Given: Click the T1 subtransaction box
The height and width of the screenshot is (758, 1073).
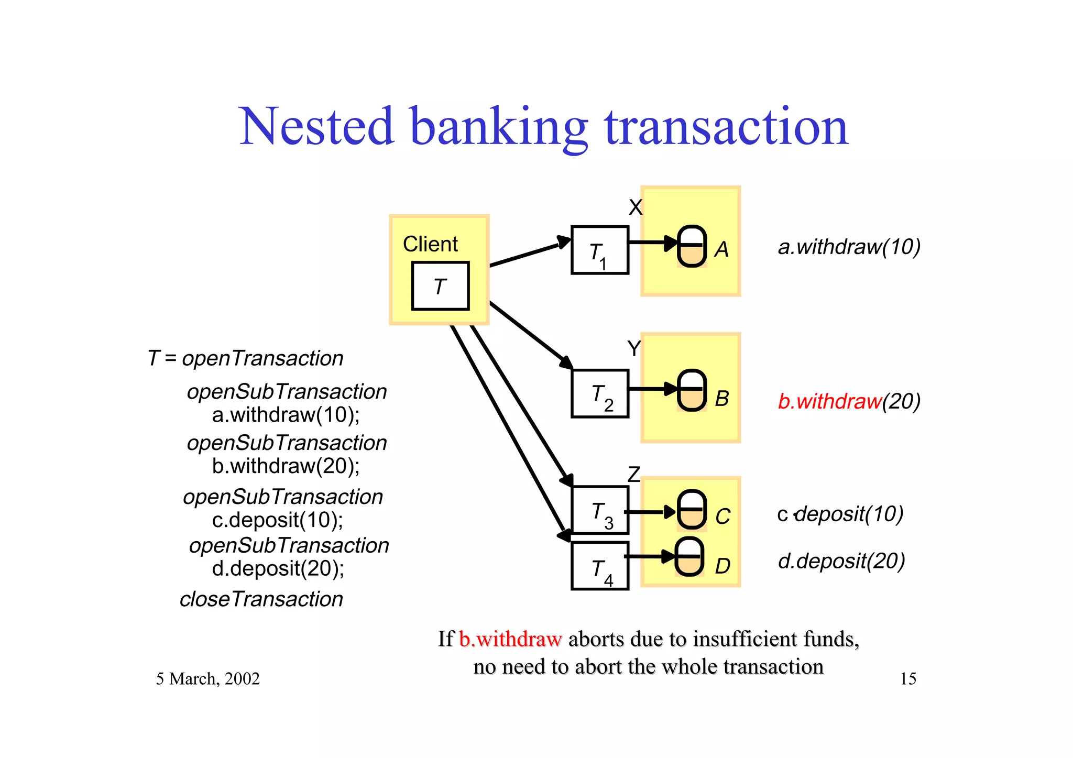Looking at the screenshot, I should tap(599, 250).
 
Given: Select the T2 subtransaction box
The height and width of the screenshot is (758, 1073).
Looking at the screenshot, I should tap(599, 393).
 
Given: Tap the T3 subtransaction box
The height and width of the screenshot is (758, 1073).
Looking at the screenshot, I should tap(599, 510).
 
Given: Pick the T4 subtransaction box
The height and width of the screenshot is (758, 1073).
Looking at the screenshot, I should tap(599, 566).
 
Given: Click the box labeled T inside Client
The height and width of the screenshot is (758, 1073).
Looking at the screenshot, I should tap(440, 286).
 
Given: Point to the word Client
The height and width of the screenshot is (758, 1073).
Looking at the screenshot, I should tap(430, 244).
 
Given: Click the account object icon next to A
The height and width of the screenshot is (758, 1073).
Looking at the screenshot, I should tap(692, 246).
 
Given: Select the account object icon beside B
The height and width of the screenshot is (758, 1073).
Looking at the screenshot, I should tap(692, 390).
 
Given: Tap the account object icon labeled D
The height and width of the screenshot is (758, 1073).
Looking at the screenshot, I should tap(689, 557).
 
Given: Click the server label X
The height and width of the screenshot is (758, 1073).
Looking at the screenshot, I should tap(635, 207).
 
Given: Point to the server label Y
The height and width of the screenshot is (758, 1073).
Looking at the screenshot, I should tap(634, 348).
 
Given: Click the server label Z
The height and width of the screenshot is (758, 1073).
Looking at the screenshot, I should tap(634, 475).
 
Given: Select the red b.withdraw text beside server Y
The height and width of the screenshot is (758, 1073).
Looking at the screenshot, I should tap(829, 401).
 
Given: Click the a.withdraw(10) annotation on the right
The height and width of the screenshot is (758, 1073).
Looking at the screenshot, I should tap(849, 247).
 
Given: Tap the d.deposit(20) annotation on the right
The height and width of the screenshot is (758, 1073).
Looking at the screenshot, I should tap(841, 561).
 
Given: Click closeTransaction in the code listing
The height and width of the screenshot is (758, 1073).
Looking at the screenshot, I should tap(261, 599).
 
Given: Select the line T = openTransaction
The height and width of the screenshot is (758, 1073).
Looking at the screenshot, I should tap(245, 358).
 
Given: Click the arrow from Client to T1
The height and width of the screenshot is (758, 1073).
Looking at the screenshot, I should tap(529, 254).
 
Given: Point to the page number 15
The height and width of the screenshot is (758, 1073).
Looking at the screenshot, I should tap(907, 679).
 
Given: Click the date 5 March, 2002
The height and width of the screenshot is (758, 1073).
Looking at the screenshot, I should tap(207, 679).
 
